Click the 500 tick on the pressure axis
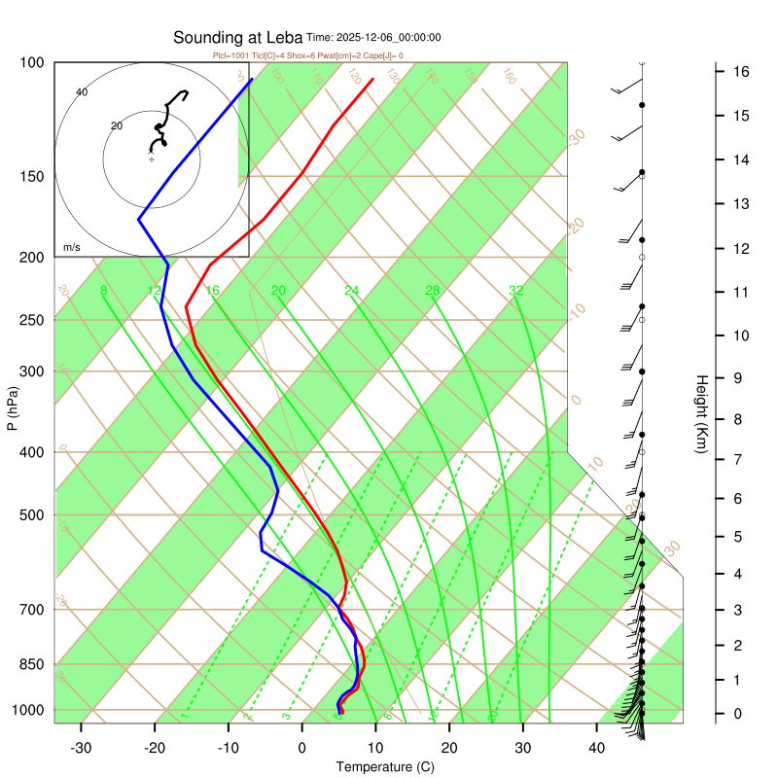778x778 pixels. [x=32, y=514]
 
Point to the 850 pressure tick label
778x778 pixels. [x=32, y=664]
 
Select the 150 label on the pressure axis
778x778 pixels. [x=32, y=176]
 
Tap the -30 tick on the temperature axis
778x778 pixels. [x=81, y=748]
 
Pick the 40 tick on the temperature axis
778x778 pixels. [x=596, y=748]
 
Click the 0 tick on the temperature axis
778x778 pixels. [x=301, y=748]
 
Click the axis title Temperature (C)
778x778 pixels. [x=385, y=767]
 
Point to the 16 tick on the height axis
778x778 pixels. [x=740, y=72]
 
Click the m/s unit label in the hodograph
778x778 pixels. [x=72, y=248]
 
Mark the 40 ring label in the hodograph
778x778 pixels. [x=82, y=92]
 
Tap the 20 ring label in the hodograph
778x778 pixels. [x=117, y=126]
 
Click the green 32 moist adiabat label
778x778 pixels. [x=516, y=291]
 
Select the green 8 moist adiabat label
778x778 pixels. [x=104, y=291]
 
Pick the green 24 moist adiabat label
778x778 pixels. [x=352, y=291]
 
